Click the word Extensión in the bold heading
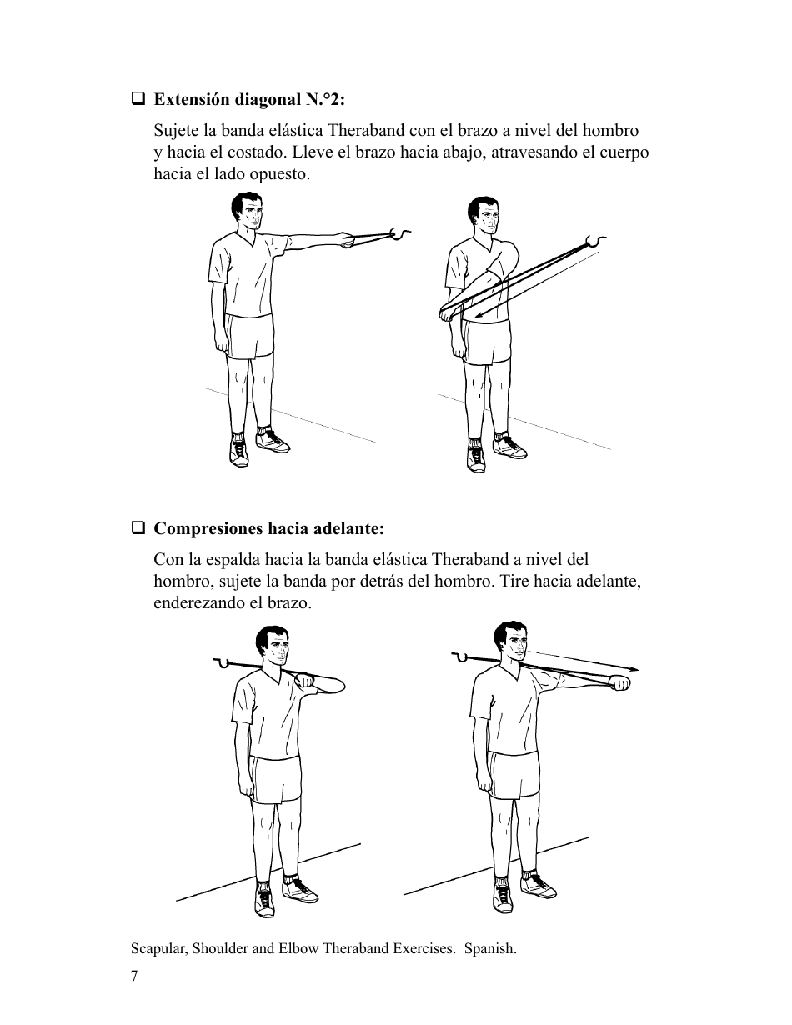pyautogui.click(x=191, y=100)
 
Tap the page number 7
pyautogui.click(x=134, y=976)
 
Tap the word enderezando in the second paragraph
pyautogui.click(x=199, y=602)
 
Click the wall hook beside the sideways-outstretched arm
pyautogui.click(x=404, y=234)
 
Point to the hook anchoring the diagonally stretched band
pyautogui.click(x=595, y=241)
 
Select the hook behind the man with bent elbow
pyautogui.click(x=221, y=663)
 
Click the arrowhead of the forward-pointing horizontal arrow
pyautogui.click(x=635, y=668)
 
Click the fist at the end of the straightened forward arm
pyautogui.click(x=620, y=683)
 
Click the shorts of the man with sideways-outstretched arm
pyautogui.click(x=250, y=337)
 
